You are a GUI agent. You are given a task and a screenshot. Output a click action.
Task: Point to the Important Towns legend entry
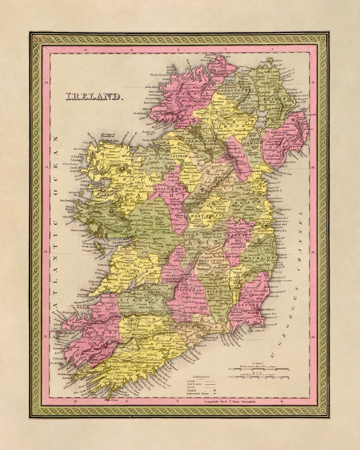click(197, 393)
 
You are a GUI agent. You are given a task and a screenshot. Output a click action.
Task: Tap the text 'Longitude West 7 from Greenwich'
click(225, 402)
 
